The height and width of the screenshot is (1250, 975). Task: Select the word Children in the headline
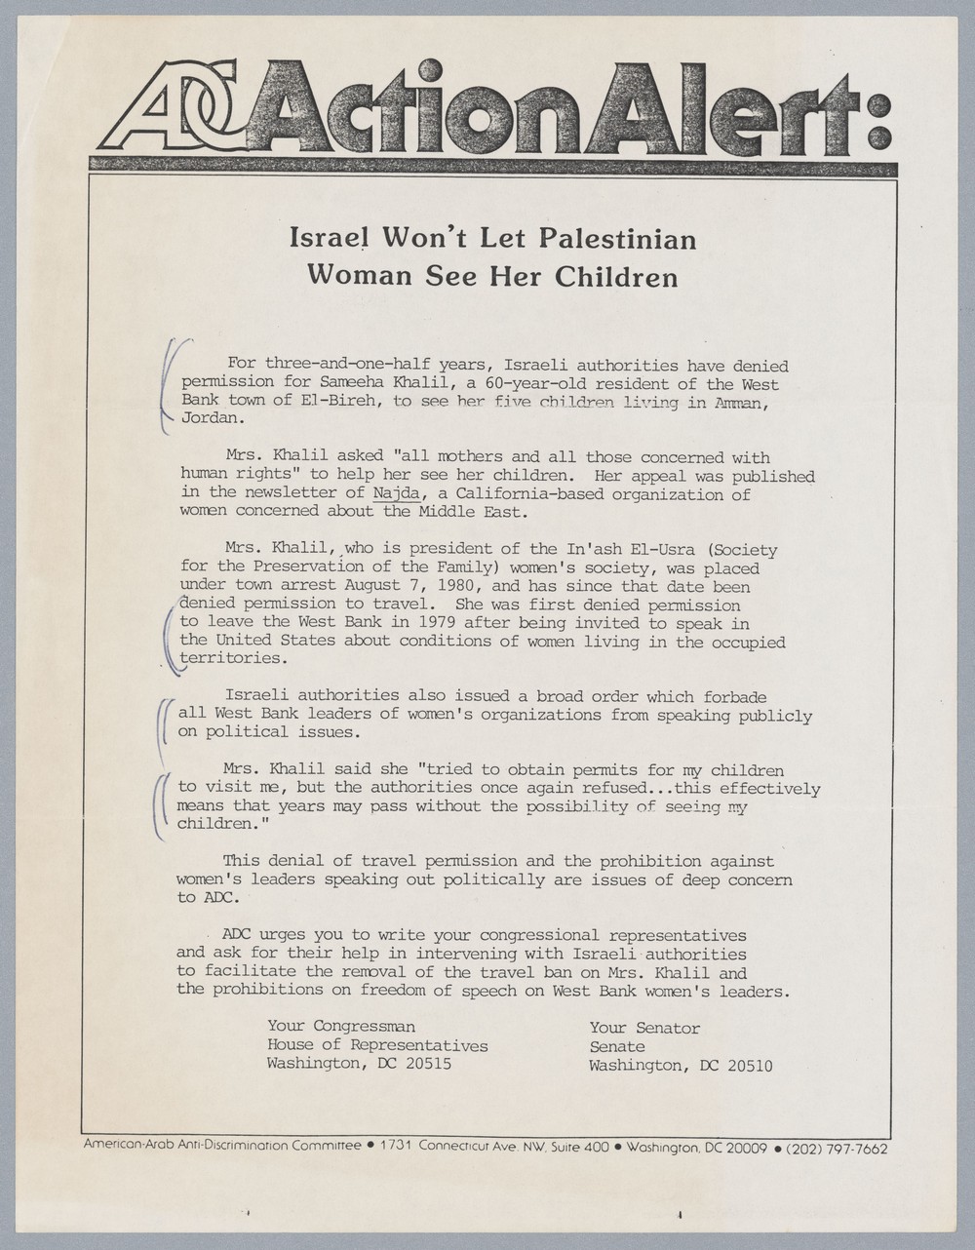coord(616,277)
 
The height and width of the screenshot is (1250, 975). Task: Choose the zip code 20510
coord(749,1066)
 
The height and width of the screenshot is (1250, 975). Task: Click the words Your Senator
coord(643,1028)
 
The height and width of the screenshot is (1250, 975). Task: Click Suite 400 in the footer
coord(581,1148)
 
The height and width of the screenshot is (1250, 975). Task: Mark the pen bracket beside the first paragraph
coord(171,385)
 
